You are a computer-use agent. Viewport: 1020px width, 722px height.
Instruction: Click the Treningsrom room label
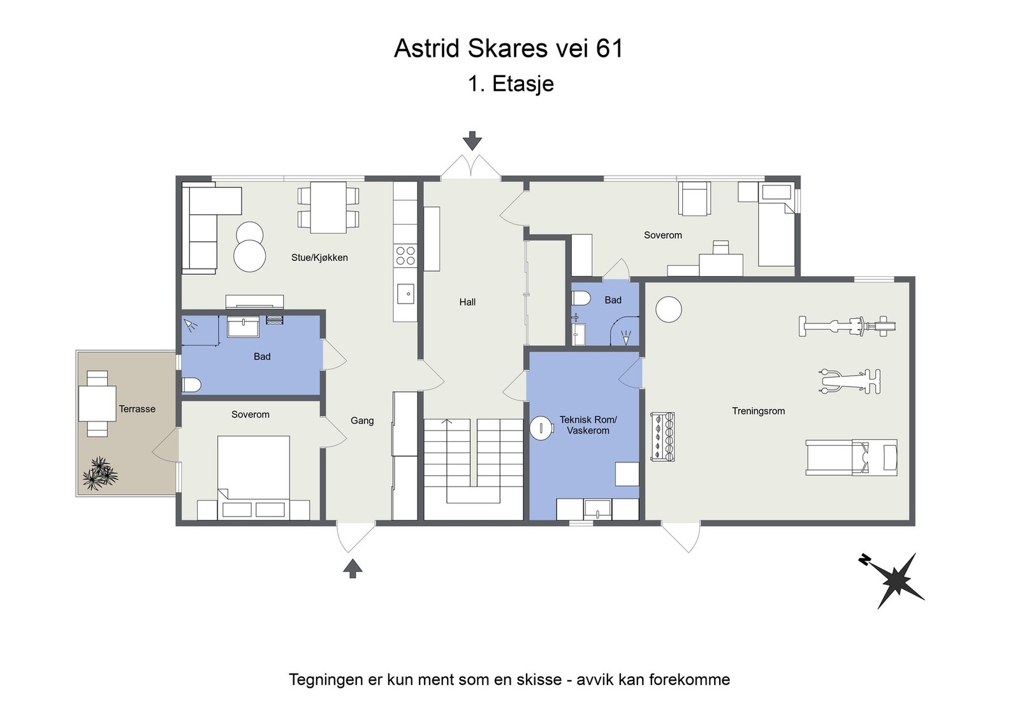[758, 411]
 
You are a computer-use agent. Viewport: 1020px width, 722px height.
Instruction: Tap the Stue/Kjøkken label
[319, 258]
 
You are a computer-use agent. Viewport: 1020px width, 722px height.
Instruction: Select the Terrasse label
[137, 409]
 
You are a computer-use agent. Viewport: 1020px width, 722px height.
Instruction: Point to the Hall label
[467, 302]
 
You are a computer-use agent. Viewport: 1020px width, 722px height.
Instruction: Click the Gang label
[362, 421]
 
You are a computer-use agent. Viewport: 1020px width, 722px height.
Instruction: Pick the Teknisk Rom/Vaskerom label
[588, 425]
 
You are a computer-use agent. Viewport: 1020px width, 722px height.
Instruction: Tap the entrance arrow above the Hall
[472, 141]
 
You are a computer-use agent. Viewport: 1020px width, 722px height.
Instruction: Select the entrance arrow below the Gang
[353, 568]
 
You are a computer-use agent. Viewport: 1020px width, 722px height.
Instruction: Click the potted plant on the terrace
[100, 474]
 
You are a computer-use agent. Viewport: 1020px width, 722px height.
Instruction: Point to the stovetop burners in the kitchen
[405, 255]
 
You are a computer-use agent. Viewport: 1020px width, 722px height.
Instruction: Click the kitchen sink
[405, 294]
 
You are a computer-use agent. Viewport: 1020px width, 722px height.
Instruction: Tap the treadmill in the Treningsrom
[852, 457]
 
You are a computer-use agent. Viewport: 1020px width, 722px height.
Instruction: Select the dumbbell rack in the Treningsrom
[662, 438]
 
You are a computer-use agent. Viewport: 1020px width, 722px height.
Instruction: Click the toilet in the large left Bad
[191, 385]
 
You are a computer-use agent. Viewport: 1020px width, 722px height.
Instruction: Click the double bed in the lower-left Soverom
[253, 477]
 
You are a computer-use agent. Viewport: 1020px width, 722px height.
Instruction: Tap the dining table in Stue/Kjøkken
[328, 207]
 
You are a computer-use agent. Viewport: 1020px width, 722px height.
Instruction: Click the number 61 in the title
[609, 48]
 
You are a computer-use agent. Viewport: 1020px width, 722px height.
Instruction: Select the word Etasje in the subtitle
[523, 84]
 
